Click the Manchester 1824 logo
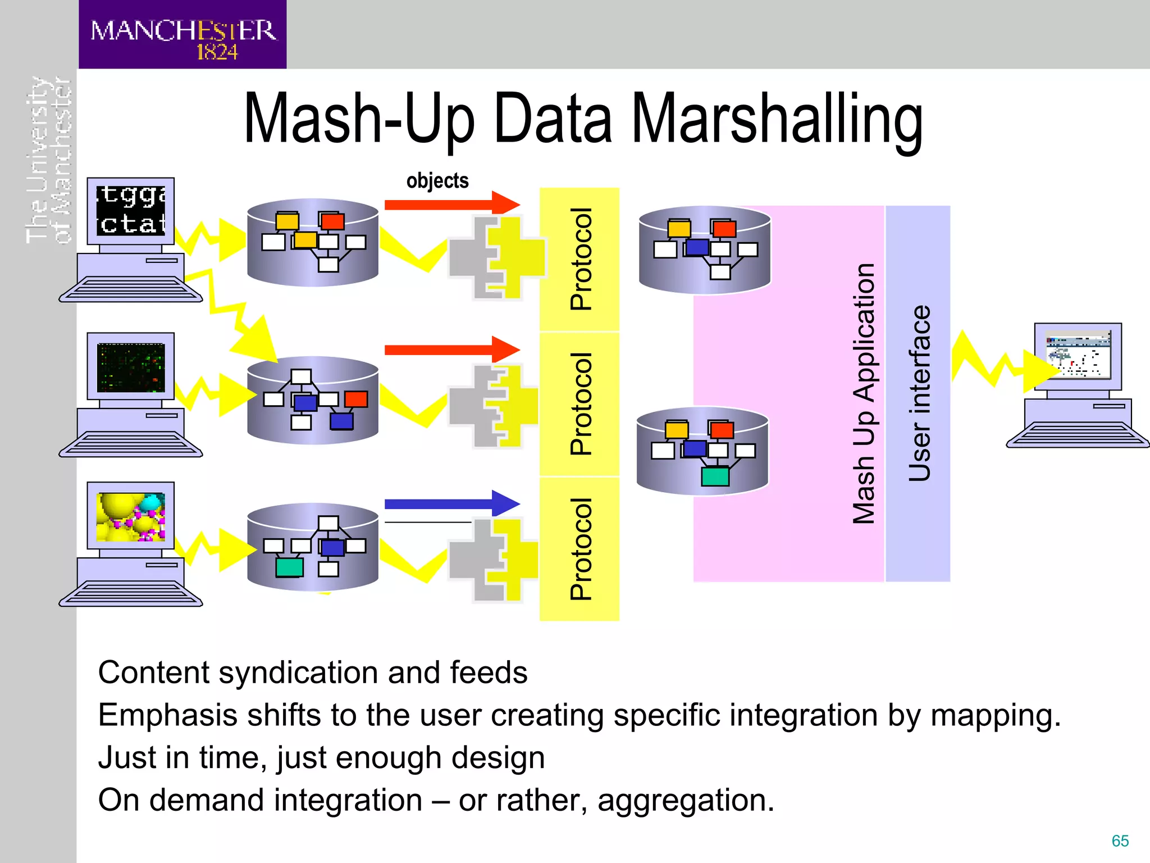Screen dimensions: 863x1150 [x=182, y=35]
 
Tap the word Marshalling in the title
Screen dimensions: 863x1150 [x=777, y=119]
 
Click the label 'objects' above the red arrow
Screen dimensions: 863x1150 [x=437, y=181]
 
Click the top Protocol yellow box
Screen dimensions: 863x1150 [x=579, y=259]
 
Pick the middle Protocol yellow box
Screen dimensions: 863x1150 [x=579, y=403]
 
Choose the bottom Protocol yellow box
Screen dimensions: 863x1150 [x=579, y=549]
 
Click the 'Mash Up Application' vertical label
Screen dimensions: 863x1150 [x=864, y=393]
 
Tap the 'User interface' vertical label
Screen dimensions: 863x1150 [x=919, y=393]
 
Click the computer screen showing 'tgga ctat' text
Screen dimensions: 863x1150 [x=131, y=211]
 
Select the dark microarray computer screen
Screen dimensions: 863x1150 [x=131, y=367]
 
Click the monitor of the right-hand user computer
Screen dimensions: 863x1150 [x=1078, y=356]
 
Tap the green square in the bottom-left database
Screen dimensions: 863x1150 [x=289, y=567]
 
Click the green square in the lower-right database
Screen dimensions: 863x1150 [x=715, y=476]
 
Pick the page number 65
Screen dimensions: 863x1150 [x=1120, y=841]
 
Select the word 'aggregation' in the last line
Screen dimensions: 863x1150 [x=685, y=800]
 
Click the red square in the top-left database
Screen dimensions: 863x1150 [x=332, y=221]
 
